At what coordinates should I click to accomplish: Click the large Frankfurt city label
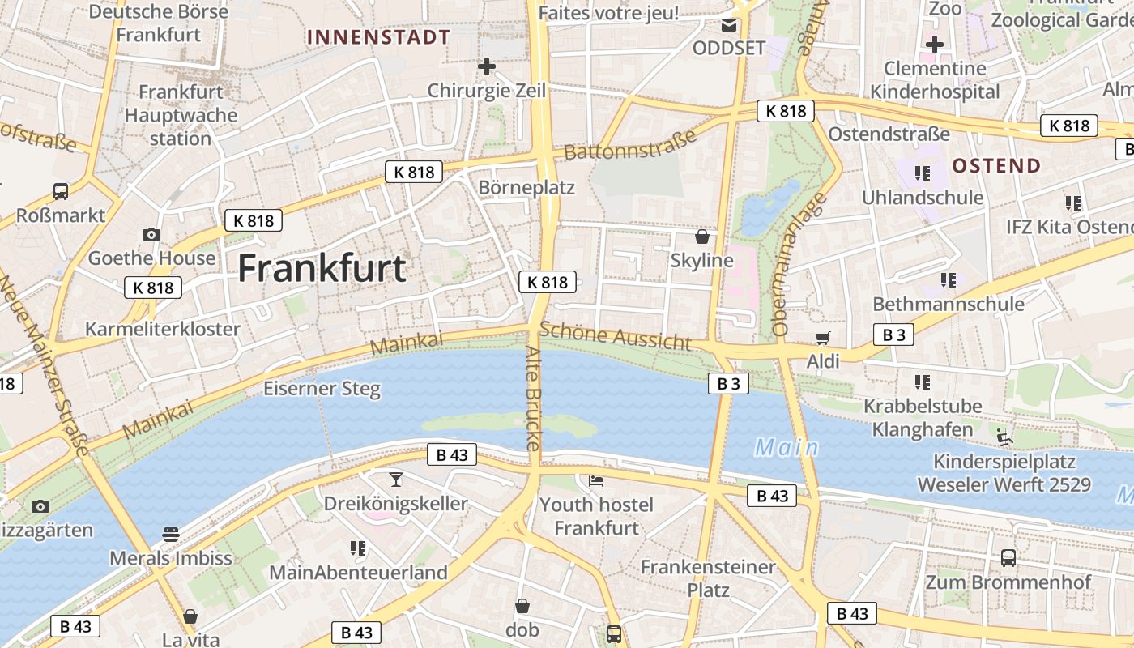[x=322, y=268]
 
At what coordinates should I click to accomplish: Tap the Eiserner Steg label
[x=322, y=389]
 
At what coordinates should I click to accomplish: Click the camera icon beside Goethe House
[x=151, y=235]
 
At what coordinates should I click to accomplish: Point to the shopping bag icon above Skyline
[x=701, y=237]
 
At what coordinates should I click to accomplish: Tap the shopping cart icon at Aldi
[x=823, y=338]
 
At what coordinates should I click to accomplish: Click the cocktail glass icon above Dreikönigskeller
[x=395, y=479]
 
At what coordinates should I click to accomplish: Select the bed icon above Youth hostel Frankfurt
[x=596, y=480]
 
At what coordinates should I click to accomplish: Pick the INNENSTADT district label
[x=379, y=37]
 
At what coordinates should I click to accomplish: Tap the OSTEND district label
[x=996, y=166]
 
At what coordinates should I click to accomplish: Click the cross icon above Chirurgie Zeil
[x=486, y=66]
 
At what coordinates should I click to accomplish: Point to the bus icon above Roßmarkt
[x=61, y=191]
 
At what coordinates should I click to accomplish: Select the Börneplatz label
[x=526, y=188]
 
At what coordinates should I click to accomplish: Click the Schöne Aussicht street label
[x=616, y=336]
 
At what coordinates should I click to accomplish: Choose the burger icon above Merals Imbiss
[x=170, y=534]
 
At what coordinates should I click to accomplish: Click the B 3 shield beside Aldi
[x=893, y=334]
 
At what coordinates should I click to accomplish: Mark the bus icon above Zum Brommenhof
[x=1008, y=557]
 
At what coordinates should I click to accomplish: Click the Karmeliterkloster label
[x=163, y=329]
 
